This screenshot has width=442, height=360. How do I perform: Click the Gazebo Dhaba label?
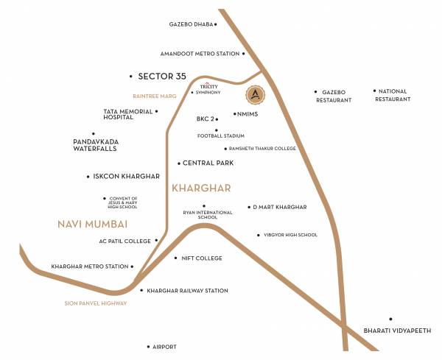190,24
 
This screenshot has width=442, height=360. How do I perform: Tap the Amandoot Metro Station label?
200,54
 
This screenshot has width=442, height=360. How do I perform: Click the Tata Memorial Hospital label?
128,114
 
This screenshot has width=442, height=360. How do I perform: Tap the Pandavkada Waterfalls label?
95,145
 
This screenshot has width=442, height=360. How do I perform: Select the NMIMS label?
247,114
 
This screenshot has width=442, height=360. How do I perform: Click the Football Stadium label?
220,136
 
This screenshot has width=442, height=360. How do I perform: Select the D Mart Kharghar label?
279,208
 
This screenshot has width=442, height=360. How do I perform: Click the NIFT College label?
201,258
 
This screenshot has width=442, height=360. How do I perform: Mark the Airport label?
164,346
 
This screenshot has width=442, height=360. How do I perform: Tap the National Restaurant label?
393,95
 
